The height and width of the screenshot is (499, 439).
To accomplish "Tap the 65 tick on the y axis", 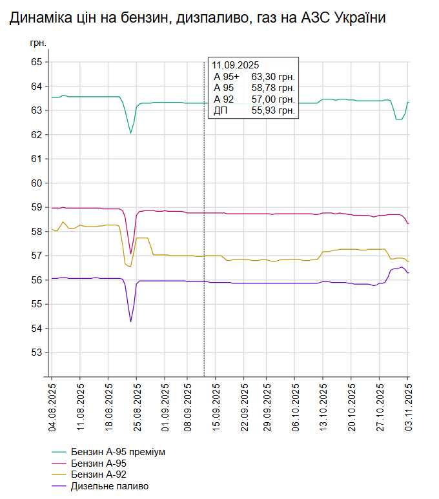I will tap(36, 62).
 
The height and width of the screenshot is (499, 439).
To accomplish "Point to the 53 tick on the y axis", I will tap(36, 352).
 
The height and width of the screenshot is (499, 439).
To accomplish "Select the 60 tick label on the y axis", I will tap(36, 183).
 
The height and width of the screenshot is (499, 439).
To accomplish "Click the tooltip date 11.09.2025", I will tap(236, 65).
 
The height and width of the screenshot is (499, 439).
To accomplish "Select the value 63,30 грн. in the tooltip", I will tap(273, 77).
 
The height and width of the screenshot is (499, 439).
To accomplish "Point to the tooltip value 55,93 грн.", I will tap(273, 111).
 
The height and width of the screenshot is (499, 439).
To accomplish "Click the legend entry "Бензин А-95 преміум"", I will tap(118, 452).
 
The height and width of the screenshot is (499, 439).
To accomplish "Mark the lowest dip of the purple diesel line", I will tap(130, 321).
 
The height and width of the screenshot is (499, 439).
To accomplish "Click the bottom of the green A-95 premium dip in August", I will tap(130, 134).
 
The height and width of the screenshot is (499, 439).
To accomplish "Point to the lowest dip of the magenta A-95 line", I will tap(130, 254).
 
